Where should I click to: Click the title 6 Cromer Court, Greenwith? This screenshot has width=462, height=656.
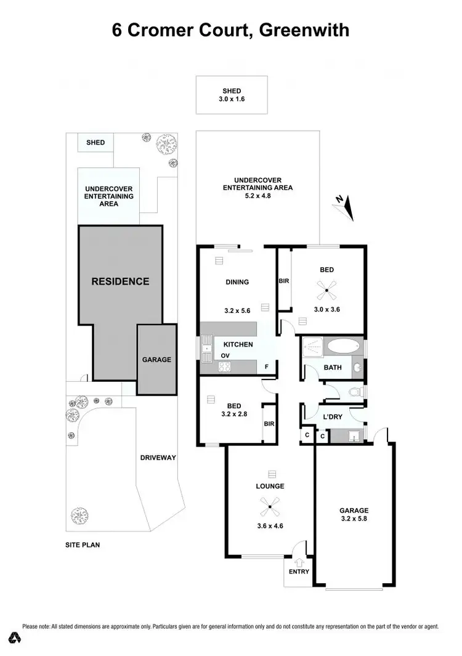point(230,30)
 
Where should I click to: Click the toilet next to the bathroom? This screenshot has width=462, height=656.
point(355,391)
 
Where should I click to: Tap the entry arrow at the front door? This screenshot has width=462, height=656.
point(299,562)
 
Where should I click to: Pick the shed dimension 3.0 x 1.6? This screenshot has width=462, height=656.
point(232,100)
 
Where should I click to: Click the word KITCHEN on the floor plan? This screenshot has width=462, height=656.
point(238,344)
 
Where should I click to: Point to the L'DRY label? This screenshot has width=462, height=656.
point(333,417)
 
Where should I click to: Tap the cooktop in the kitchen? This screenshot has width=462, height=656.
point(224,368)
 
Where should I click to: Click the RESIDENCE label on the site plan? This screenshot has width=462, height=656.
point(120,281)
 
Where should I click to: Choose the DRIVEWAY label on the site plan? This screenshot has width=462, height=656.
point(158,458)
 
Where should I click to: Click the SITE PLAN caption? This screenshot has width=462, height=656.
point(83,545)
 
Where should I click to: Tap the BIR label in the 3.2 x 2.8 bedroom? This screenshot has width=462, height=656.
point(269,424)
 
